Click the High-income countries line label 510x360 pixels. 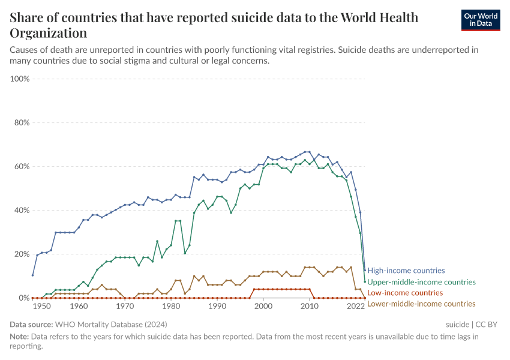click(x=406, y=271)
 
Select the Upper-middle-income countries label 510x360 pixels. click(x=421, y=282)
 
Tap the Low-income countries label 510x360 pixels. click(x=405, y=293)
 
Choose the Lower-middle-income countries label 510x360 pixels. click(x=421, y=304)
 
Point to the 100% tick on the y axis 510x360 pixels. click(x=20, y=79)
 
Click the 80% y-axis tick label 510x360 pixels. click(x=21, y=123)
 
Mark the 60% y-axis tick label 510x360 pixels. click(x=21, y=167)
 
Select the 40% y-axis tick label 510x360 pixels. click(x=21, y=211)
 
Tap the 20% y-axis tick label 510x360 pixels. click(x=21, y=254)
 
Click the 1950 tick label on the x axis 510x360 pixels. click(x=41, y=306)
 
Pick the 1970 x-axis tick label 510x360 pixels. click(x=125, y=306)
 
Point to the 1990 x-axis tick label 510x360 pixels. click(x=217, y=306)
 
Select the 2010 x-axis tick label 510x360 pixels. click(x=310, y=306)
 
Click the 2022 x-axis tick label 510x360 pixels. click(x=356, y=306)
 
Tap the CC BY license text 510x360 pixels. click(x=487, y=325)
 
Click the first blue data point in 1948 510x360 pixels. click(x=32, y=275)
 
